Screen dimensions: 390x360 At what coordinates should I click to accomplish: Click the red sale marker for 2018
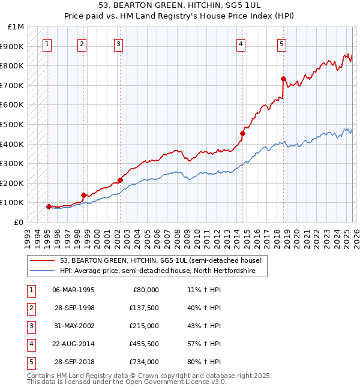283,79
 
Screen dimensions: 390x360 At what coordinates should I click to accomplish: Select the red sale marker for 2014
243,133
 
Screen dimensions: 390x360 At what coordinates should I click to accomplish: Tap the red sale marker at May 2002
120,180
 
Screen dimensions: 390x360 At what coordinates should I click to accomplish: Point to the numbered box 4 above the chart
241,43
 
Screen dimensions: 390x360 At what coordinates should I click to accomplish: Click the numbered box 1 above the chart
47,43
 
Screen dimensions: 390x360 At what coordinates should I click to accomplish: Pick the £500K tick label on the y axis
12,124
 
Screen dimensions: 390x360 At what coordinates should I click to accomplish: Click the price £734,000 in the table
144,362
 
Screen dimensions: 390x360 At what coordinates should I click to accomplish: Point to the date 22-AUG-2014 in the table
73,344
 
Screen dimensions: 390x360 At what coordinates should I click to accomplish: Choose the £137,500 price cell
144,308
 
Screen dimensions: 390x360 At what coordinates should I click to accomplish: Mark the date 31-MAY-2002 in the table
73,326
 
